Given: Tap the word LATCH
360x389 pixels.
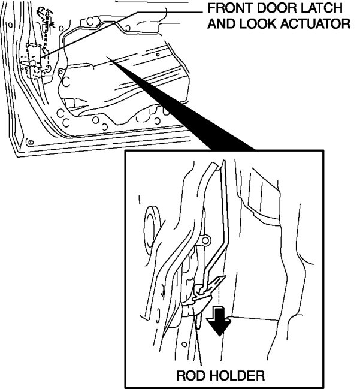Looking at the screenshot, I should pos(322,9).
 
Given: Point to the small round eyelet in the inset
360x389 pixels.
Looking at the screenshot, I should pos(207,241).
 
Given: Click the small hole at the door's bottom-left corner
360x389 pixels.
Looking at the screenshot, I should pos(30,142).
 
